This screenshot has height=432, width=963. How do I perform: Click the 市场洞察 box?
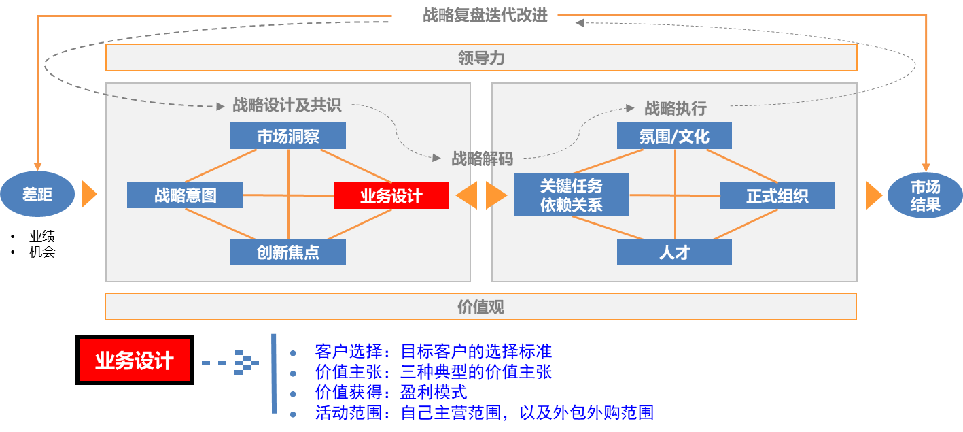tap(288, 136)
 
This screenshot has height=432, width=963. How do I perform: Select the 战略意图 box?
tap(185, 195)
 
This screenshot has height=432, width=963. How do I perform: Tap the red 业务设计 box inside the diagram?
tap(391, 196)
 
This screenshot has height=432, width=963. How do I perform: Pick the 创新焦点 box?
tap(288, 252)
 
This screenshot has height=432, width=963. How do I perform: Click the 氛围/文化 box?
tap(674, 136)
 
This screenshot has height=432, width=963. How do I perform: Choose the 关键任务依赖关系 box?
tap(572, 195)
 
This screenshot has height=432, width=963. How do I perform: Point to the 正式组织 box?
tap(777, 196)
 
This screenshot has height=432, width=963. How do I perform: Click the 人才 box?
tap(674, 252)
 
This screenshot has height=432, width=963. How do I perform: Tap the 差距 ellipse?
tap(37, 194)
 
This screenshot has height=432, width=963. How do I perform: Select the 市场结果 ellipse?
tap(925, 195)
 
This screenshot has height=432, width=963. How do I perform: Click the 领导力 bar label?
tap(481, 58)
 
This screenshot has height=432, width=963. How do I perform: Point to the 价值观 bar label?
tap(480, 307)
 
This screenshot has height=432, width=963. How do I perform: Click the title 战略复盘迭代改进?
tap(485, 15)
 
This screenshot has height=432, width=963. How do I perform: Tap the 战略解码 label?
tap(483, 159)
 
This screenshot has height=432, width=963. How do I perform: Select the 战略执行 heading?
tap(676, 108)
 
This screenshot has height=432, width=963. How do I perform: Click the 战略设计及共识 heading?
tap(287, 105)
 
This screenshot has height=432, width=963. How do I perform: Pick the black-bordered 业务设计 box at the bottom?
tap(135, 360)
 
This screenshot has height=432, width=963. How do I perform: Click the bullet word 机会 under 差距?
tap(42, 252)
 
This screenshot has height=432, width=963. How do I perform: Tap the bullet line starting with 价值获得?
tap(391, 392)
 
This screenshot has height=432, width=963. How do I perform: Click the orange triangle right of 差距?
tap(89, 194)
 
